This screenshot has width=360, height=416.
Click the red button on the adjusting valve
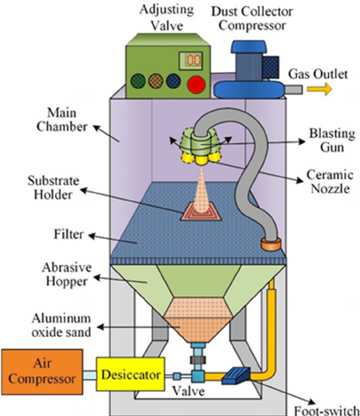(197, 85)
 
